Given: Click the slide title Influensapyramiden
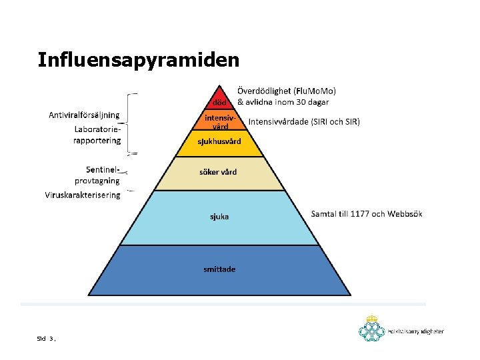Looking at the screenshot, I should click(x=138, y=60).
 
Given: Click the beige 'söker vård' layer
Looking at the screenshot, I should click(x=218, y=173).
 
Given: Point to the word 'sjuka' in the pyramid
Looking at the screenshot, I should click(x=219, y=216).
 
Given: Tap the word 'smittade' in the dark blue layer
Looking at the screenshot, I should click(x=219, y=269).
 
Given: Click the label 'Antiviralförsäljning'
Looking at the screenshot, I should click(x=84, y=115).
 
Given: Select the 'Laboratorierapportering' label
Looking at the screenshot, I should click(x=97, y=135).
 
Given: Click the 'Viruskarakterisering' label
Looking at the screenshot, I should click(x=83, y=195).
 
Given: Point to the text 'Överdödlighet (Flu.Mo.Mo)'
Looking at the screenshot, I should click(x=287, y=91).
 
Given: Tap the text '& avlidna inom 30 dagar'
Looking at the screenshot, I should click(x=283, y=102).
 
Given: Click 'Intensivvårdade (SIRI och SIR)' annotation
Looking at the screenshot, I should click(x=304, y=122).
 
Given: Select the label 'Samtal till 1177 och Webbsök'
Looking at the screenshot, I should click(x=366, y=214).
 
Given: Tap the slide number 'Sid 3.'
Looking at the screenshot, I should click(x=47, y=339).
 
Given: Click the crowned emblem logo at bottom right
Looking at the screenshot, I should click(x=372, y=329).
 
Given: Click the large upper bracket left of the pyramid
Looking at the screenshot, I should click(x=133, y=123).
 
